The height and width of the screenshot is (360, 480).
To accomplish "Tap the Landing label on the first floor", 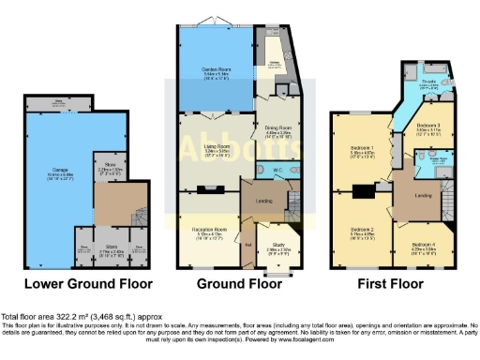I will pyautogui.click(x=422, y=194).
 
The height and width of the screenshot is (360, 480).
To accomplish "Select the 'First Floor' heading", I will pyautogui.click(x=389, y=283).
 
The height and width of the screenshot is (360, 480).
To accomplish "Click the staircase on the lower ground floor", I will pyautogui.click(x=138, y=205).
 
